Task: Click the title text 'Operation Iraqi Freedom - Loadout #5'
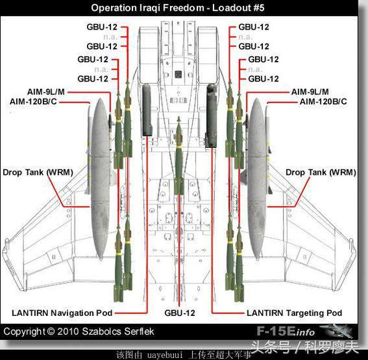(x=178, y=8)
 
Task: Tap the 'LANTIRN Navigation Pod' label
(x=62, y=313)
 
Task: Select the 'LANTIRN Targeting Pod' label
(x=294, y=313)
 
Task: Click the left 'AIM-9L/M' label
(x=46, y=92)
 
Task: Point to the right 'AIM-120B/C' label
(x=323, y=102)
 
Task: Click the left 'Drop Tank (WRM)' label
(x=37, y=172)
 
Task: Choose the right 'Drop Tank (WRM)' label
(x=320, y=172)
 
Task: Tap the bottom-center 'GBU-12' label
(x=180, y=313)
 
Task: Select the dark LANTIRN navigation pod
(x=147, y=110)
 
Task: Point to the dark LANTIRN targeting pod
(x=211, y=116)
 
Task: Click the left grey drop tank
(x=100, y=179)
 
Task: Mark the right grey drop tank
(x=257, y=179)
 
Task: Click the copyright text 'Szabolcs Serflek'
(x=118, y=331)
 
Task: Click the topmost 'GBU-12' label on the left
(x=102, y=27)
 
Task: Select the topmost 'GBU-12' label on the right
(x=254, y=27)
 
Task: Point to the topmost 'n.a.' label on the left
(x=110, y=37)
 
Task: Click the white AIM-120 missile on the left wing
(x=88, y=150)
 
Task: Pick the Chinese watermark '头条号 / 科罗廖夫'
(x=304, y=347)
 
